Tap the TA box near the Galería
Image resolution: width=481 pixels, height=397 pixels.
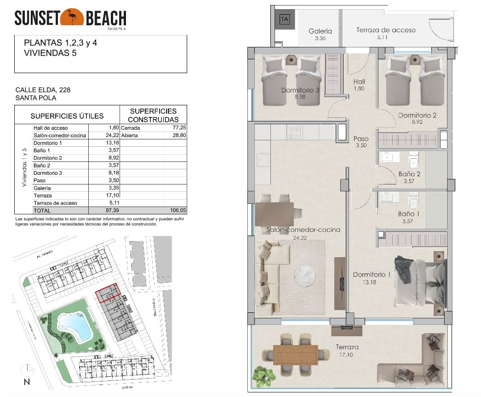point(285,19)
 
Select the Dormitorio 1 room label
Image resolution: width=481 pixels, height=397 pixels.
point(372,275)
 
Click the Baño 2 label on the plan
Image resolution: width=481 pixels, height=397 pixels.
point(409,174)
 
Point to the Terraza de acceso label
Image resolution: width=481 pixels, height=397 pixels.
point(385,30)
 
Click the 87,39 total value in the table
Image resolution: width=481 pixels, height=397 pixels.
point(112,210)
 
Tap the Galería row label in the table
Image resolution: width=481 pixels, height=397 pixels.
point(42,188)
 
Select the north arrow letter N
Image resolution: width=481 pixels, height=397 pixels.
point(27,381)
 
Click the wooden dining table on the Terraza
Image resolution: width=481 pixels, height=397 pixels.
point(296,355)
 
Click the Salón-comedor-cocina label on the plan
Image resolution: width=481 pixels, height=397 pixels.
point(303,230)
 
